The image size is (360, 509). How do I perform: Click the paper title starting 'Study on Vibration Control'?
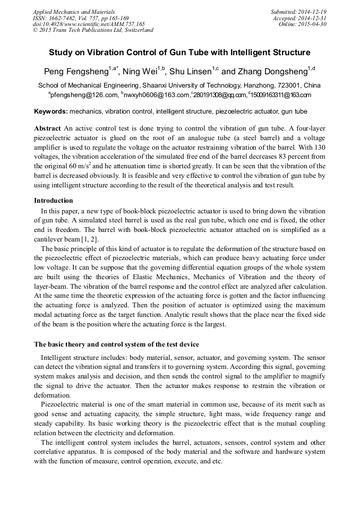[179, 53]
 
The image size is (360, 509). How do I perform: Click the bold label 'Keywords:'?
[50, 111]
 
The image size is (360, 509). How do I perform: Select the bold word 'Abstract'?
[47, 128]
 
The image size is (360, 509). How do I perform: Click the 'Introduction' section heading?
[54, 201]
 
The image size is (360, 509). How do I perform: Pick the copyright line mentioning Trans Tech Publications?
[93, 30]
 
